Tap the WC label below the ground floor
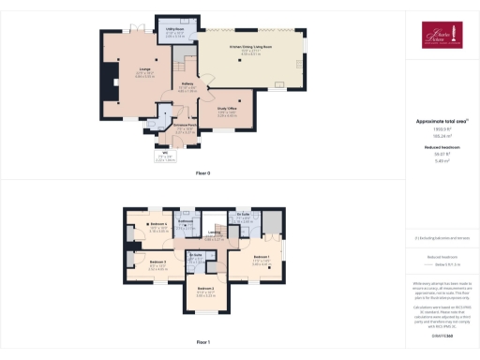[163, 155]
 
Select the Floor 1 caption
[202, 342]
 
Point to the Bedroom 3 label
[157, 262]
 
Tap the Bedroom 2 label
[205, 289]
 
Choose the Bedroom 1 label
[261, 257]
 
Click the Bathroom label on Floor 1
[186, 221]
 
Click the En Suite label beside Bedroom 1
[242, 215]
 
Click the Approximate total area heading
[441, 123]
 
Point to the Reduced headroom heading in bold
[441, 147]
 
